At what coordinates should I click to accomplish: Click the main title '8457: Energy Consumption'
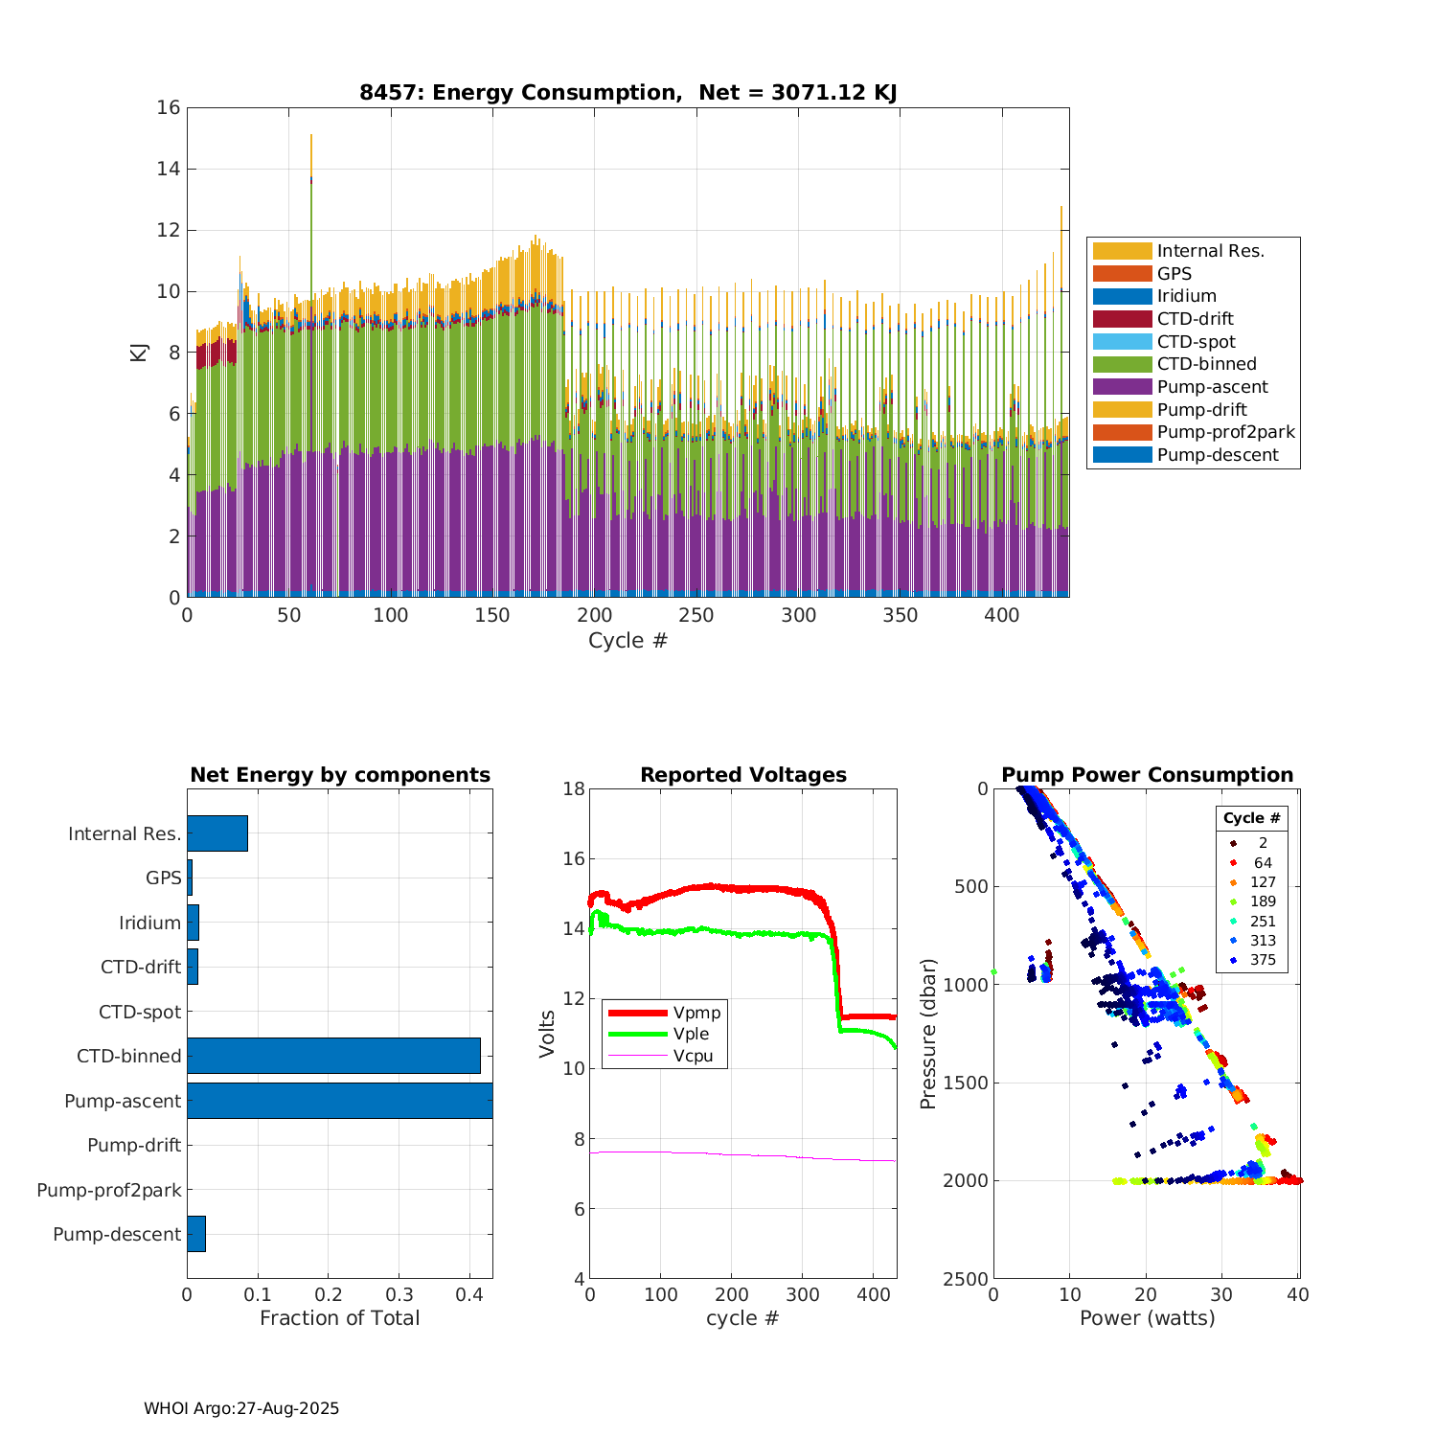tap(627, 93)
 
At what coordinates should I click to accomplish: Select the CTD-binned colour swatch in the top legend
tap(1122, 364)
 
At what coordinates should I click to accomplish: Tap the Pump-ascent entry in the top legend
tap(1212, 387)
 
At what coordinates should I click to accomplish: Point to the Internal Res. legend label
tap(1210, 251)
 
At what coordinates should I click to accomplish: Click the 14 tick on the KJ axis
tap(169, 170)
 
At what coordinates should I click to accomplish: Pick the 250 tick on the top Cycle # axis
tap(696, 615)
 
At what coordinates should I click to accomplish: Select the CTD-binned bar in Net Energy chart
tap(333, 1056)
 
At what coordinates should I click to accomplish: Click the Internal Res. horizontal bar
tap(217, 833)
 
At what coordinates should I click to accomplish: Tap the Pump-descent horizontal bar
tap(196, 1234)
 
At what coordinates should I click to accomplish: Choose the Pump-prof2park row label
tap(109, 1190)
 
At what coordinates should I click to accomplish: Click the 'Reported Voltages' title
tap(743, 775)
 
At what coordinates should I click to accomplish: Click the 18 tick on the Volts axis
tap(574, 788)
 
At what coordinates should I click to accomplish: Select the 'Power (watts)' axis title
tap(1147, 1318)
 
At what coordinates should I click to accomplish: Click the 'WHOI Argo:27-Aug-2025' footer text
tap(241, 1408)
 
